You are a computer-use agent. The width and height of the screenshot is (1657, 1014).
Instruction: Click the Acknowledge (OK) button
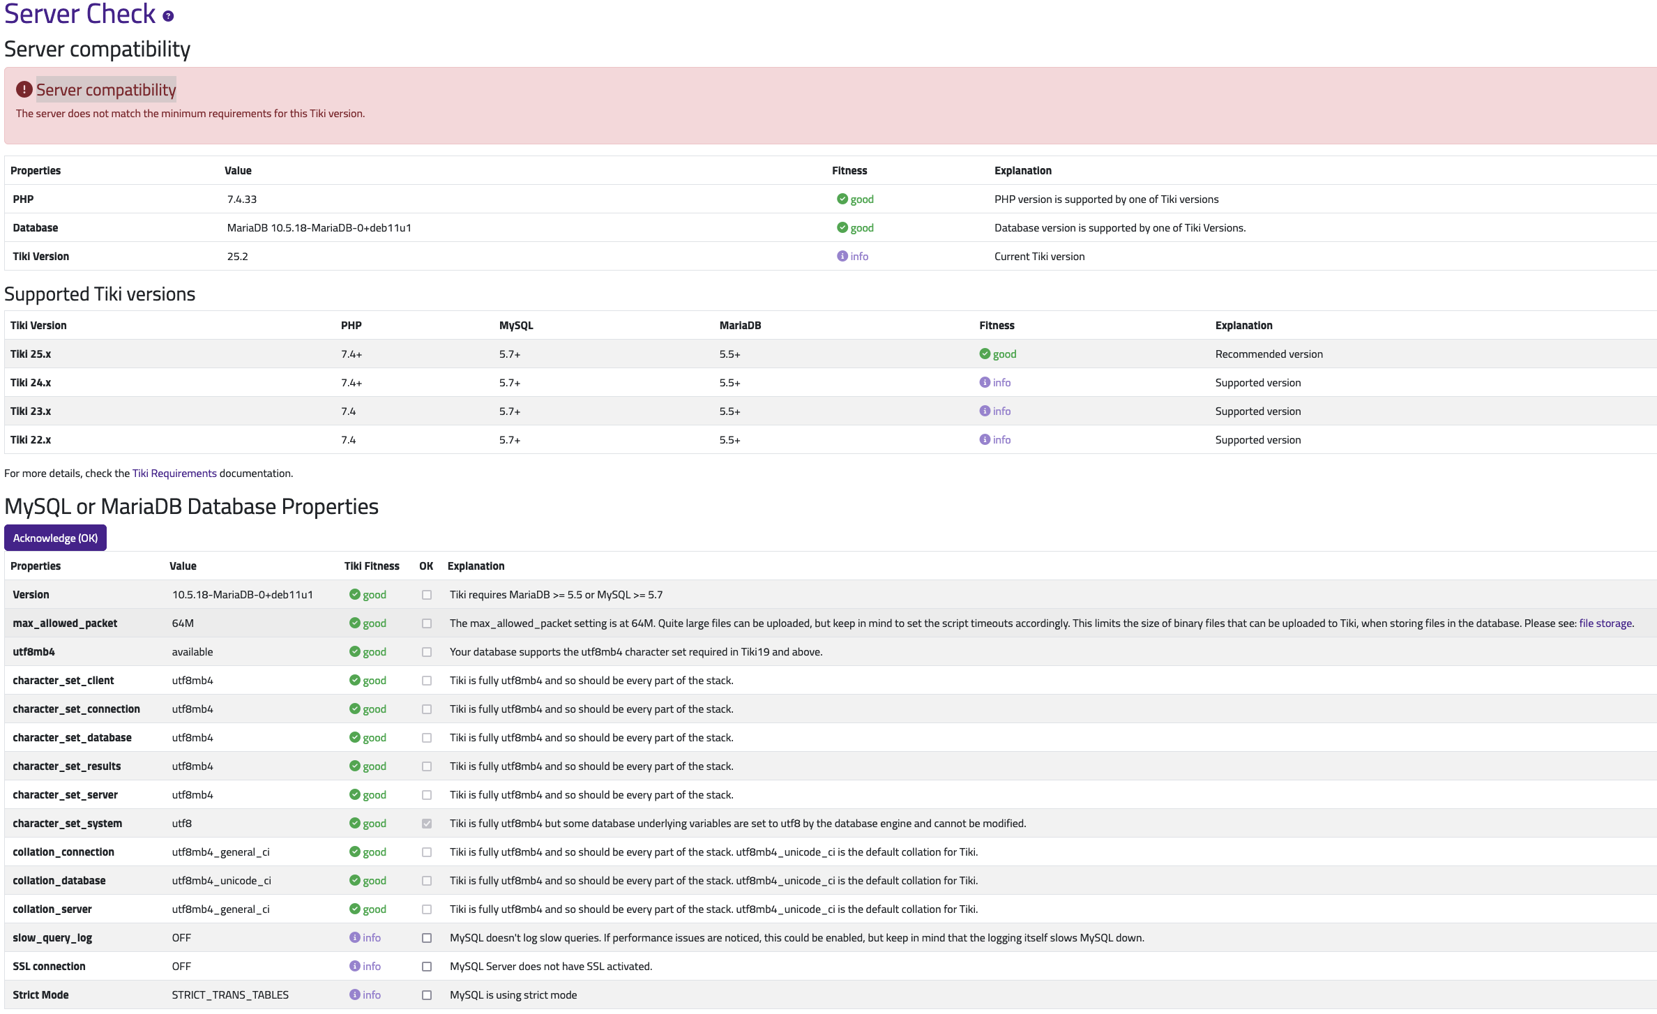tap(55, 538)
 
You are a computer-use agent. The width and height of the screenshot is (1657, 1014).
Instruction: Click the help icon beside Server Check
tap(168, 16)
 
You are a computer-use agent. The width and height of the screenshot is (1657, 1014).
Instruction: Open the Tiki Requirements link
tap(174, 473)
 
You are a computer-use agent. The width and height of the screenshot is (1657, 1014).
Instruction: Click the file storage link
tap(1605, 623)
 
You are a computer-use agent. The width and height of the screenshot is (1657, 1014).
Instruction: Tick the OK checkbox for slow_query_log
tap(427, 938)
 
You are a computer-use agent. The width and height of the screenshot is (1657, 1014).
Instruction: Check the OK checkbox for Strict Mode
tap(427, 995)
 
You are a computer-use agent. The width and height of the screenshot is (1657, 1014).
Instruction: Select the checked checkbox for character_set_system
tap(427, 824)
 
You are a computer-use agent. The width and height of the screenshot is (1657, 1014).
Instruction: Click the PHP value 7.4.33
tap(242, 199)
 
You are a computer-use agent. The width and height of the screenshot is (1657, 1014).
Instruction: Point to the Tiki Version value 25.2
tap(238, 256)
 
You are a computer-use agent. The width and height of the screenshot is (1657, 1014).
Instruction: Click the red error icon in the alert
tap(24, 89)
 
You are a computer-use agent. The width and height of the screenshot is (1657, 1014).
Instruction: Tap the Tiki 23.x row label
tap(31, 411)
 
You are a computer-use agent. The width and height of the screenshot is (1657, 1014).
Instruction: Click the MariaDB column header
tap(740, 325)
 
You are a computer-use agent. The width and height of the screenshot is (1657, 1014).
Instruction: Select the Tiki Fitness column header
tap(372, 566)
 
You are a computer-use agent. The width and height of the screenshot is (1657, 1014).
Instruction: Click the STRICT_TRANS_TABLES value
tap(230, 994)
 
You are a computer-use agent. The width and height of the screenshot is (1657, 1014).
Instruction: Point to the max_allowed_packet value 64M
tap(183, 623)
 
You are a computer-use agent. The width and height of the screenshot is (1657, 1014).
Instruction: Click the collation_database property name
tap(59, 880)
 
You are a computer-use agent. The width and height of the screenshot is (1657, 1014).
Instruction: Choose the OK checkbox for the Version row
tap(427, 595)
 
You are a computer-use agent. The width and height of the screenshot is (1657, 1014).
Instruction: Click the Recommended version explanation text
tap(1269, 354)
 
